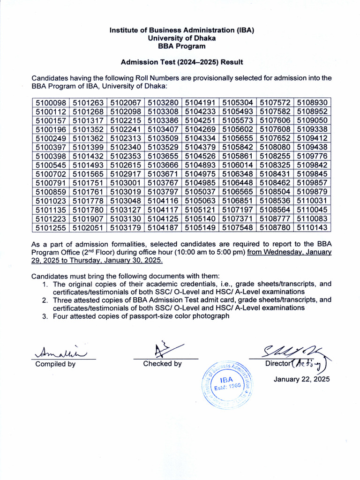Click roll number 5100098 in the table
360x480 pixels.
[51, 103]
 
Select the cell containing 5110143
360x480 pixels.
[312, 228]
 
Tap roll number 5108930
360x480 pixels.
[312, 103]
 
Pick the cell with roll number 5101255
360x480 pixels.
[51, 228]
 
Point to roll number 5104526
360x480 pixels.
[200, 156]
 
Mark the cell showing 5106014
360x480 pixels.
[238, 165]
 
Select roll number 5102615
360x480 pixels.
[126, 165]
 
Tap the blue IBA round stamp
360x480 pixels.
[227, 384]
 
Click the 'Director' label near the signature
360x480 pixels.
[277, 364]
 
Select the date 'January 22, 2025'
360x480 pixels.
[301, 379]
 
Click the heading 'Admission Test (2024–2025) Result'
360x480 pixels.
[182, 62]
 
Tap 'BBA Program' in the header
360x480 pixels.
[182, 46]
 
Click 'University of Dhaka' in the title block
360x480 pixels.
[182, 38]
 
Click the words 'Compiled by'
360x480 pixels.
[55, 364]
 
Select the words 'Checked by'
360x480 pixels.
[162, 364]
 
